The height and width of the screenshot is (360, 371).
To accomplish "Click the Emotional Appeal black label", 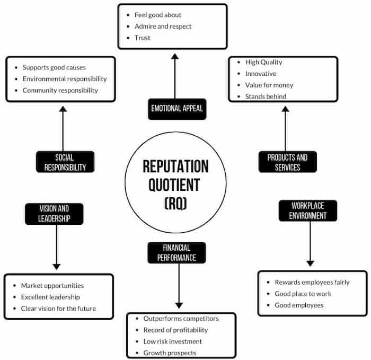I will [x=176, y=110].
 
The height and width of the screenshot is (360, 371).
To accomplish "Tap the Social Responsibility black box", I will [x=65, y=162].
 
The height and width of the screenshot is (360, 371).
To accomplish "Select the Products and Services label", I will [x=287, y=162].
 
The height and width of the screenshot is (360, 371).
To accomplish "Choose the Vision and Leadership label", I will [x=54, y=213].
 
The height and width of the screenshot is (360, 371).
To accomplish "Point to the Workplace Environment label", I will [x=307, y=210].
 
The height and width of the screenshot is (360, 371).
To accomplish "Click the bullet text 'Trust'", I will [x=143, y=38].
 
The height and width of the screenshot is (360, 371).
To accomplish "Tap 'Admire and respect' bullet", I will [x=163, y=26].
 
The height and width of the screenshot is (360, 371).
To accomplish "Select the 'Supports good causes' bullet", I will [x=54, y=67].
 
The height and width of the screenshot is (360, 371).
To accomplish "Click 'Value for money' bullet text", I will [x=269, y=85].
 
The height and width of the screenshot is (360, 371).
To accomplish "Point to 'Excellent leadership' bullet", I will [x=50, y=297].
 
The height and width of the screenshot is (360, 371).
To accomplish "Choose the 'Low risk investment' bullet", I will [x=173, y=341].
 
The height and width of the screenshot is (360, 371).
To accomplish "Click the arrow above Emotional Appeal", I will [x=174, y=74].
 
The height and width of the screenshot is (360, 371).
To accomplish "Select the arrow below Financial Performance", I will [x=179, y=286].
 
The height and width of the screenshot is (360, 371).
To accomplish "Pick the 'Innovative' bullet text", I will [x=261, y=74].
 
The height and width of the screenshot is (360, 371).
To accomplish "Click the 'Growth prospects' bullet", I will [x=170, y=353].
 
